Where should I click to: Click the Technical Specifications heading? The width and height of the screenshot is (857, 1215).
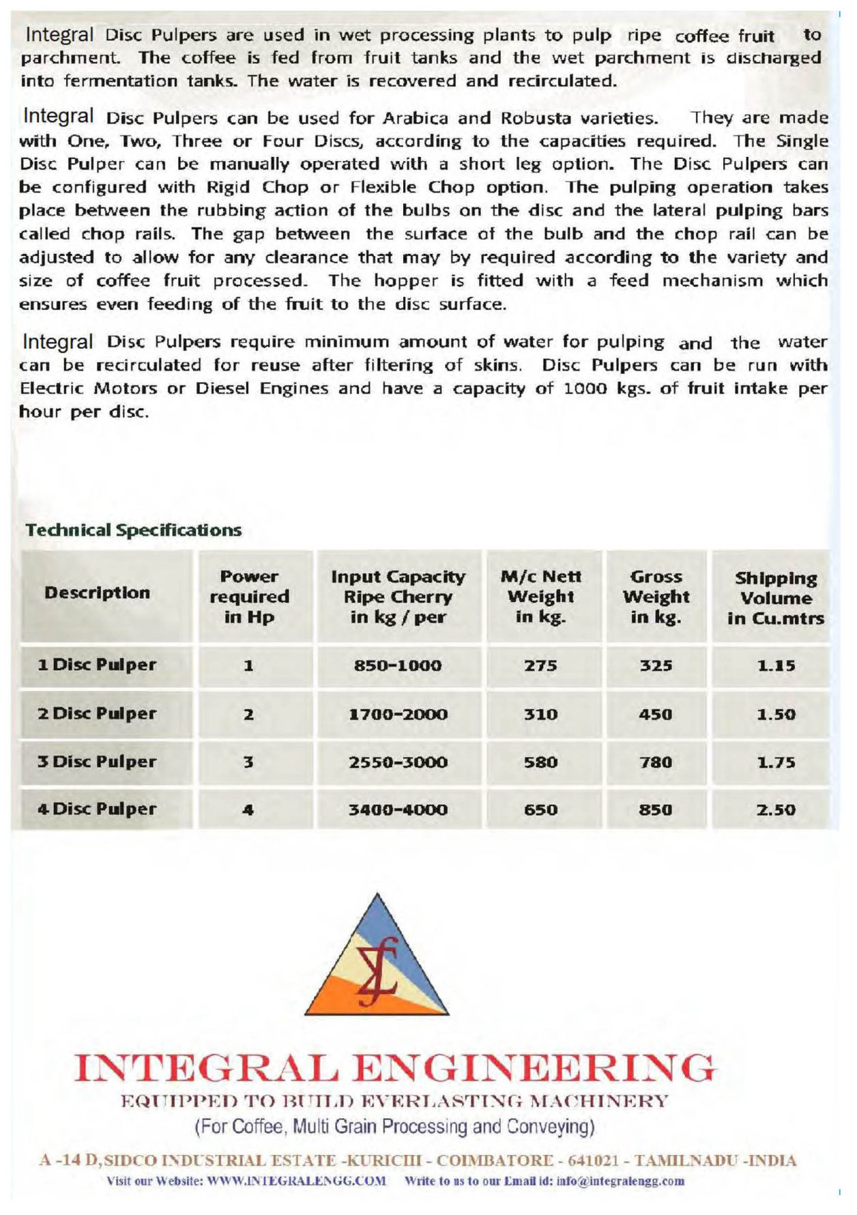(134, 530)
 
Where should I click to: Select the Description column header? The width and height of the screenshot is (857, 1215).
(98, 592)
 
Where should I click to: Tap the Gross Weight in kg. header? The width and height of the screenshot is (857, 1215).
(656, 597)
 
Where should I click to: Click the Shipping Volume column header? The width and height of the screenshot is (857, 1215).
(776, 598)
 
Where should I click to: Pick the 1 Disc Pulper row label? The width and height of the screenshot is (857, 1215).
(98, 665)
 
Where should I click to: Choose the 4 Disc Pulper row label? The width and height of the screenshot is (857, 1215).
(98, 809)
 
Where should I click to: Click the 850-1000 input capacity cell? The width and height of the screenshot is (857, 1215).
(398, 666)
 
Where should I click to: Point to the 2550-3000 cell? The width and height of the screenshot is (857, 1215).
(398, 762)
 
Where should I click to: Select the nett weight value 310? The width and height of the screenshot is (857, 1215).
(540, 715)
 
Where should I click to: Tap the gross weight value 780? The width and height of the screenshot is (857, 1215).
(655, 762)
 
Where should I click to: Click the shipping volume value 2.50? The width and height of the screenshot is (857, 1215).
(776, 810)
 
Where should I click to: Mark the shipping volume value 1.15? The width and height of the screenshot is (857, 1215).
(776, 666)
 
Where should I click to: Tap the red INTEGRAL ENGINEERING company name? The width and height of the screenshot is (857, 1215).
(396, 1068)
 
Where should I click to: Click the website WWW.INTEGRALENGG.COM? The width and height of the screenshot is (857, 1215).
(296, 1181)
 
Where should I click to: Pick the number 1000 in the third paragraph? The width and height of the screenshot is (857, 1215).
(587, 388)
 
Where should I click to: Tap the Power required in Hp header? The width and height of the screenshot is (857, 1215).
(249, 597)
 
